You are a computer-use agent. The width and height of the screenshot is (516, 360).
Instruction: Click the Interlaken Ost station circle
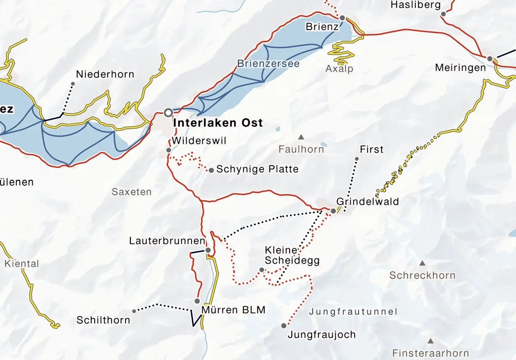pyautogui.click(x=168, y=112)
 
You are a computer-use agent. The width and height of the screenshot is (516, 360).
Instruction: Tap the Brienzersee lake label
pyautogui.click(x=268, y=63)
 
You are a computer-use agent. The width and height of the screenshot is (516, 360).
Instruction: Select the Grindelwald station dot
pyautogui.click(x=333, y=211)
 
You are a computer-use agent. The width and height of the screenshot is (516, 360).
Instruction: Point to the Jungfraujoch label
pyautogui.click(x=322, y=335)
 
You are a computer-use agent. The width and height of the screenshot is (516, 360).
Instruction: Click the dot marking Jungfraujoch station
pyautogui.click(x=284, y=326)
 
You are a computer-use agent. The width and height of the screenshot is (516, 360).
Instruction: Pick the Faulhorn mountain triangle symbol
pyautogui.click(x=301, y=137)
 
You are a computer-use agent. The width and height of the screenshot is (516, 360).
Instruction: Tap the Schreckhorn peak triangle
pyautogui.click(x=422, y=263)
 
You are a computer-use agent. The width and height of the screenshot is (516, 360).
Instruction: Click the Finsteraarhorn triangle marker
pyautogui.click(x=430, y=341)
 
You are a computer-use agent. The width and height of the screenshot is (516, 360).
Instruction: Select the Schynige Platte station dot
pyautogui.click(x=211, y=170)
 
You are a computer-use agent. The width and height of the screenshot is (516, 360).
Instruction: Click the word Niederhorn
pyautogui.click(x=105, y=74)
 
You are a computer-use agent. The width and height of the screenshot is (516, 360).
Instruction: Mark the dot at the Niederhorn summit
pyautogui.click(x=73, y=84)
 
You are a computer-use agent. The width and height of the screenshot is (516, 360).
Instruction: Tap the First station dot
pyautogui.click(x=357, y=159)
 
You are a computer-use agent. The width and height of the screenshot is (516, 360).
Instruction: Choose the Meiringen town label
pyautogui.click(x=460, y=68)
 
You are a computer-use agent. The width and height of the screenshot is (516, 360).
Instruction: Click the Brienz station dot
pyautogui.click(x=342, y=18)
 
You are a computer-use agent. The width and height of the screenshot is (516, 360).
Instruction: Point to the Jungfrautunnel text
pyautogui.click(x=353, y=312)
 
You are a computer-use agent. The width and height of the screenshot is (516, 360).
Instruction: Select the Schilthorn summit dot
pyautogui.click(x=134, y=311)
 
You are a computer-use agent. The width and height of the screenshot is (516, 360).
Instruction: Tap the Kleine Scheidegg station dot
pyautogui.click(x=262, y=270)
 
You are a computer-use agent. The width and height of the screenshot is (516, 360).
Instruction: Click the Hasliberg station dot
pyautogui.click(x=443, y=14)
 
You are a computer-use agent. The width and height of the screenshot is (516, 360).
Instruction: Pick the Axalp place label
pyautogui.click(x=340, y=69)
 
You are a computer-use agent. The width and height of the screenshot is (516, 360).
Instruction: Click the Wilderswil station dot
pyautogui.click(x=169, y=150)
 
